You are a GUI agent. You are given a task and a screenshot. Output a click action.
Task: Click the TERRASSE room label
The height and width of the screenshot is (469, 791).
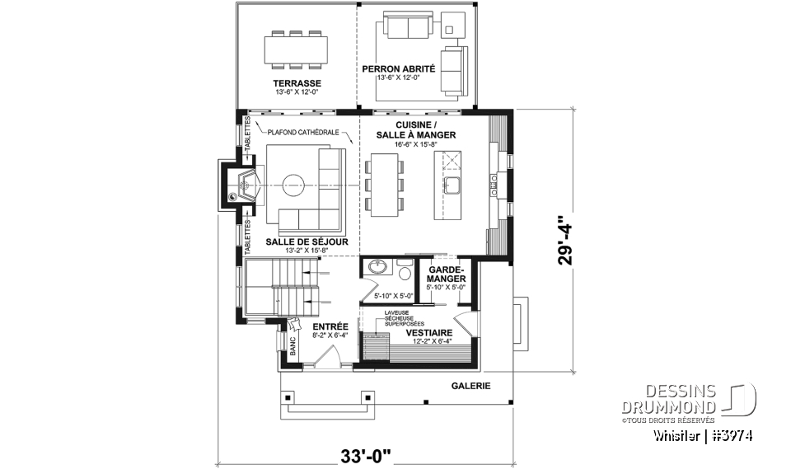(x=297, y=84)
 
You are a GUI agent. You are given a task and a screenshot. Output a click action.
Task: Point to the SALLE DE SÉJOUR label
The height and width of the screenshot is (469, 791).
(x=307, y=242)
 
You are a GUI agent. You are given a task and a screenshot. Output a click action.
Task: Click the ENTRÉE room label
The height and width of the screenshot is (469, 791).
(x=330, y=326)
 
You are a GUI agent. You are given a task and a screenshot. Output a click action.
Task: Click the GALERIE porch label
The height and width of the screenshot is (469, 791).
(x=470, y=386)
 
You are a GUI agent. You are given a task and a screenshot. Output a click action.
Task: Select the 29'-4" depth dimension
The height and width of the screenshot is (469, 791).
(x=564, y=240)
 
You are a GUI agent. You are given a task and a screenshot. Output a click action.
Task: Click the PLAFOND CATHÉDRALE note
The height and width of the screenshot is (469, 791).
(x=306, y=131)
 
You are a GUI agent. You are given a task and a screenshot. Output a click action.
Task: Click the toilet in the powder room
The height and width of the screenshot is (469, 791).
(x=404, y=271)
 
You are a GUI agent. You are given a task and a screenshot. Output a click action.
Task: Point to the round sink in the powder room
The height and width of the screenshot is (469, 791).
(x=377, y=268)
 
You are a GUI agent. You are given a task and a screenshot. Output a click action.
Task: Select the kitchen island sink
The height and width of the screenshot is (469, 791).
(x=451, y=182)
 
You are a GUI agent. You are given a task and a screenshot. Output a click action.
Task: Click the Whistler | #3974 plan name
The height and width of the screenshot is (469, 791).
(x=704, y=434)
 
